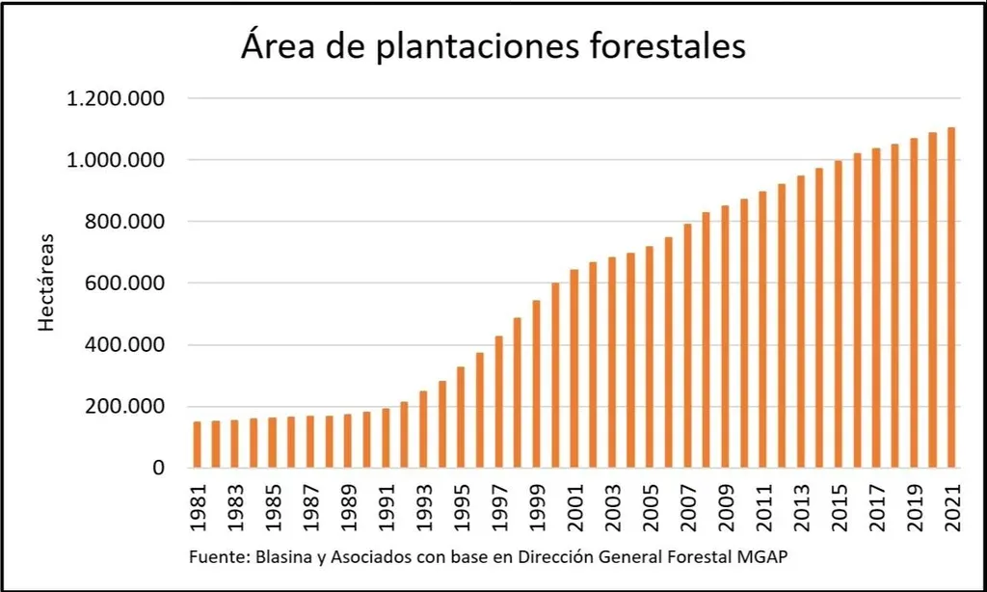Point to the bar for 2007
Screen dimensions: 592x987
click(x=687, y=346)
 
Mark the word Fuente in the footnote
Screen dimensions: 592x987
click(x=213, y=558)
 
